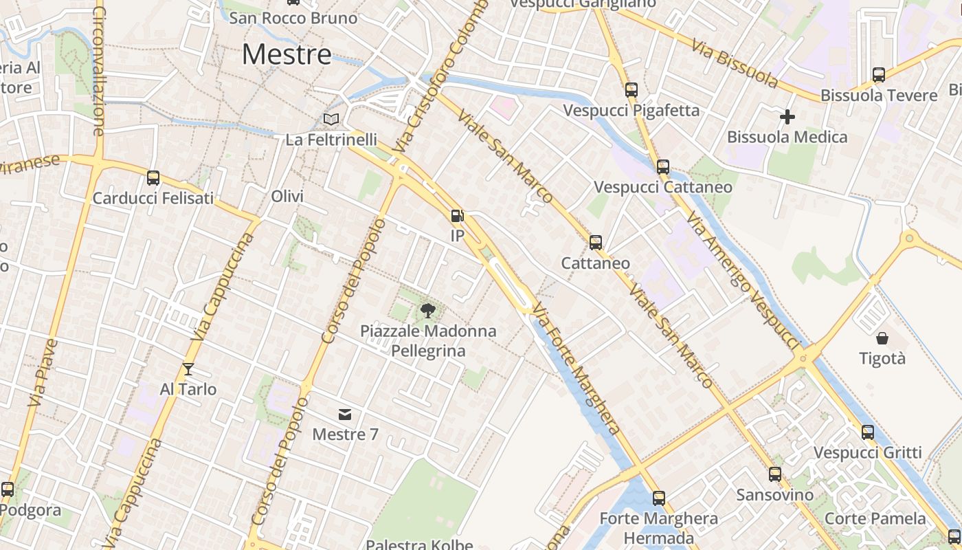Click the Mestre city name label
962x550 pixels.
287,54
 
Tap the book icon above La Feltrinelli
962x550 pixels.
331,119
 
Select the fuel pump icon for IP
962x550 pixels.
457,216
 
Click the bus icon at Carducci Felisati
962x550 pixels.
153,178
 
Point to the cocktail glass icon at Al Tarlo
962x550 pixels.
188,369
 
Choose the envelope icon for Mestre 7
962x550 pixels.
345,414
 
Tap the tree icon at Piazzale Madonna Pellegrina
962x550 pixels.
428,311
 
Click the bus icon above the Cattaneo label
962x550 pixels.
596,243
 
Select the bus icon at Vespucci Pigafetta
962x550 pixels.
631,90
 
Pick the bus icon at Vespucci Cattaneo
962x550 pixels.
663,167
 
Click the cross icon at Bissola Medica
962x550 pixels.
787,117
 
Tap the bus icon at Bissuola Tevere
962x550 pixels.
879,75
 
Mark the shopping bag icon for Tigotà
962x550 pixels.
882,338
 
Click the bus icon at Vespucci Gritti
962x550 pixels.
868,432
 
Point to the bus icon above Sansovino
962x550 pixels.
775,474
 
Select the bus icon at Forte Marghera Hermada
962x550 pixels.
659,498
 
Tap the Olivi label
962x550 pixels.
287,197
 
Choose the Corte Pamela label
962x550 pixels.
875,518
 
